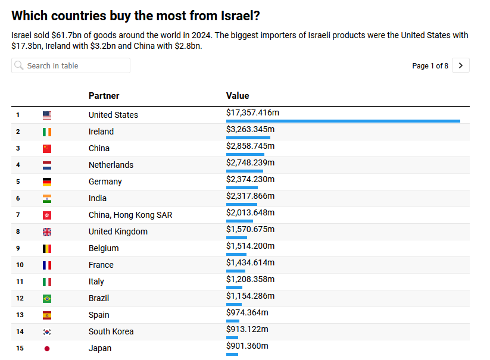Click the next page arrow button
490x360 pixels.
tap(461, 65)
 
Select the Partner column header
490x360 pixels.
tap(104, 96)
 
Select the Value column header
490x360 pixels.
tap(238, 96)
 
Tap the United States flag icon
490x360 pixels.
tap(47, 115)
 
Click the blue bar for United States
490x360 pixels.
tap(343, 121)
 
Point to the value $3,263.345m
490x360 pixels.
tap(250, 129)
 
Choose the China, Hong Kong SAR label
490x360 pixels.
tap(130, 215)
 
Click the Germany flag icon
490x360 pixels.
tap(47, 181)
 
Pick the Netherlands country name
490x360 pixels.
tap(111, 165)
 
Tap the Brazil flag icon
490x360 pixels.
tap(47, 298)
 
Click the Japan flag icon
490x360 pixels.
tap(47, 348)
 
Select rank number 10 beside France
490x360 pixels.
tap(20, 265)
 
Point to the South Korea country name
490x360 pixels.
tap(111, 331)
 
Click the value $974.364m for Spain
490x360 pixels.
tap(247, 312)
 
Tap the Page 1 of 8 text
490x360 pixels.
tap(430, 66)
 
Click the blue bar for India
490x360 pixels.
tap(242, 205)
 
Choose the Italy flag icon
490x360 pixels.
tap(47, 281)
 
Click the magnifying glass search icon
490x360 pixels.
tap(19, 65)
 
